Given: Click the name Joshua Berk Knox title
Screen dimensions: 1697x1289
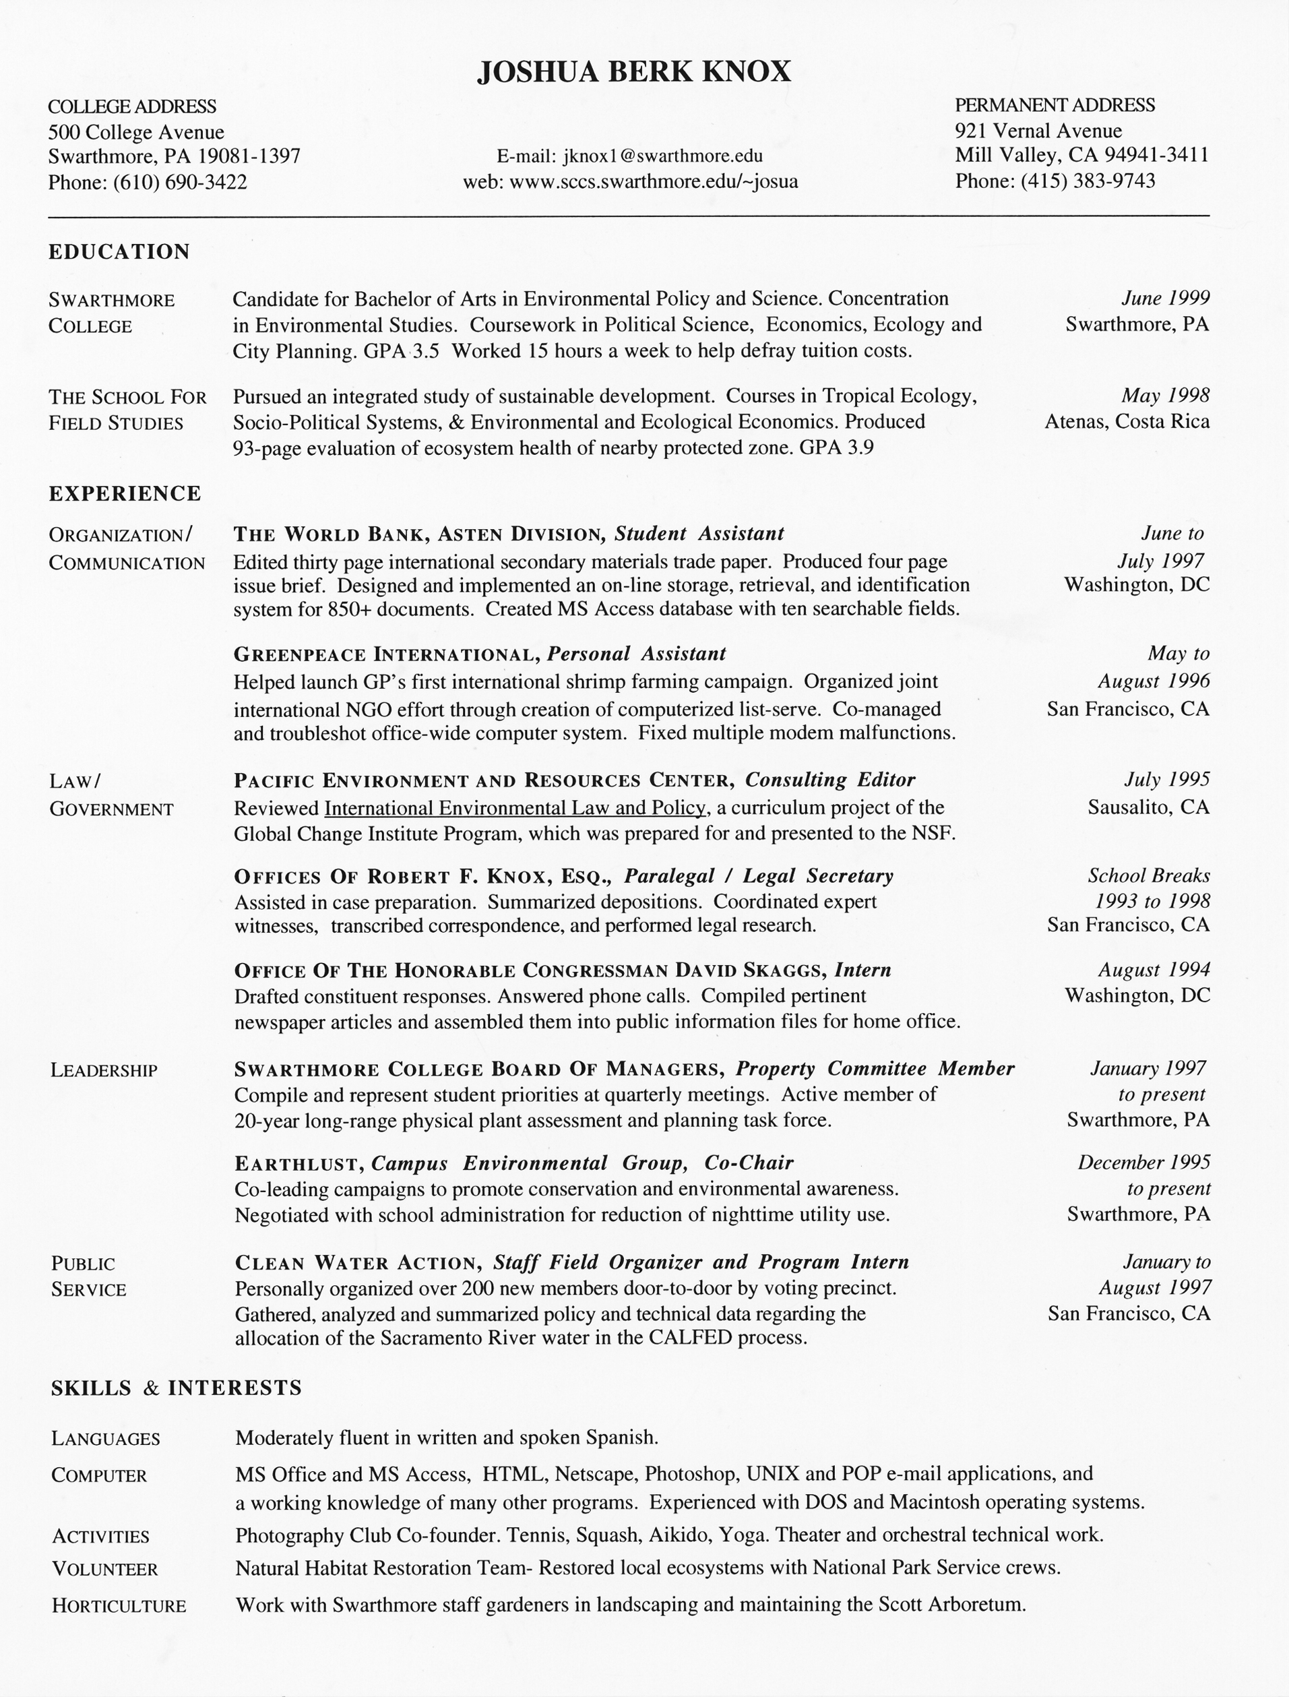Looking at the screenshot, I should tap(634, 72).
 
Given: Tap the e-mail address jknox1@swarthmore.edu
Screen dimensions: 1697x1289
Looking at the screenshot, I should tap(663, 156).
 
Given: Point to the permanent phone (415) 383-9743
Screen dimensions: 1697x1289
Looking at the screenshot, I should tap(1088, 181).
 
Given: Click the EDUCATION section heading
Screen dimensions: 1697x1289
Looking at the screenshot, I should tap(119, 253).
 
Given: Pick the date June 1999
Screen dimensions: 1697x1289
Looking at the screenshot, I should tap(1166, 298).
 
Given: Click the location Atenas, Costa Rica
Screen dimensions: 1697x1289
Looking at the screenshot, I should tap(1127, 421).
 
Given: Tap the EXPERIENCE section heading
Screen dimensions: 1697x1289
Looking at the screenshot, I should tap(124, 493).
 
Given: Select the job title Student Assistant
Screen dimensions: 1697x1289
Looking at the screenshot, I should tap(699, 534).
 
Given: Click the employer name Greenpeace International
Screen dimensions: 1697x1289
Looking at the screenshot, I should tap(386, 654).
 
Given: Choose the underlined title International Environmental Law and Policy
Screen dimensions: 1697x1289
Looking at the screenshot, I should tap(515, 807).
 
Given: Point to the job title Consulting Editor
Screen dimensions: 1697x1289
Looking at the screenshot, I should tap(830, 780).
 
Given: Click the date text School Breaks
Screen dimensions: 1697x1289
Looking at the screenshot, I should tap(1149, 875).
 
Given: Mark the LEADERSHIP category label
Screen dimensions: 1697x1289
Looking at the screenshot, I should tap(104, 1071).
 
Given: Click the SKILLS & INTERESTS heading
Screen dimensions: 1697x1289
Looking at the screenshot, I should tap(177, 1388).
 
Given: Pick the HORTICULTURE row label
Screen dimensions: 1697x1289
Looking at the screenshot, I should tap(119, 1605).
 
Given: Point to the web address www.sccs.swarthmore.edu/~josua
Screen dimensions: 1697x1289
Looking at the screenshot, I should tap(653, 183).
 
